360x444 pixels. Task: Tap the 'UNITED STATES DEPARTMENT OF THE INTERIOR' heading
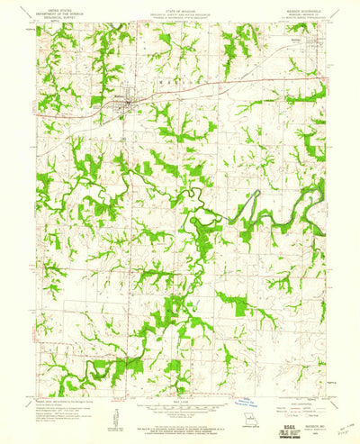57,10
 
